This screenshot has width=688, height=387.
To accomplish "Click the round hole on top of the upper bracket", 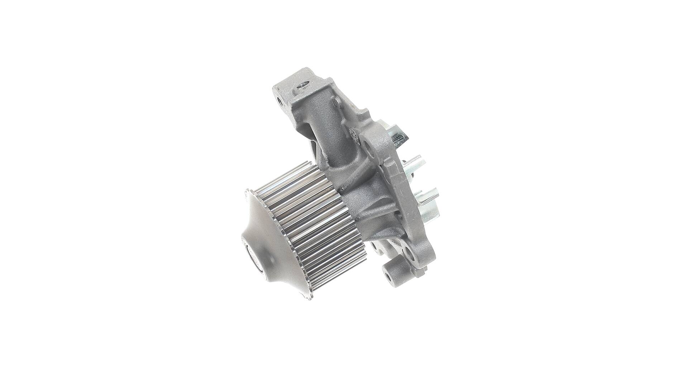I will (x=303, y=85).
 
